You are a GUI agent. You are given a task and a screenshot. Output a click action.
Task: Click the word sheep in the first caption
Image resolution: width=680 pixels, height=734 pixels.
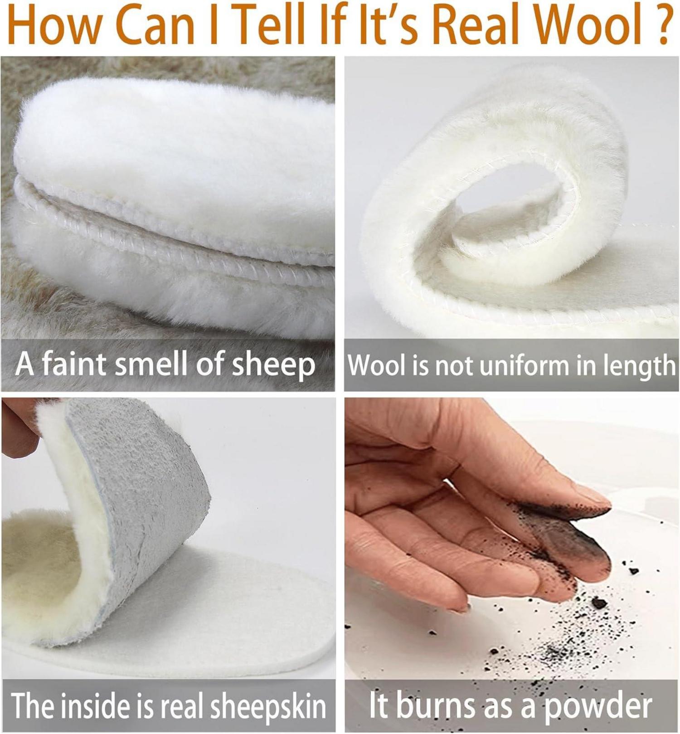click(x=273, y=365)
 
